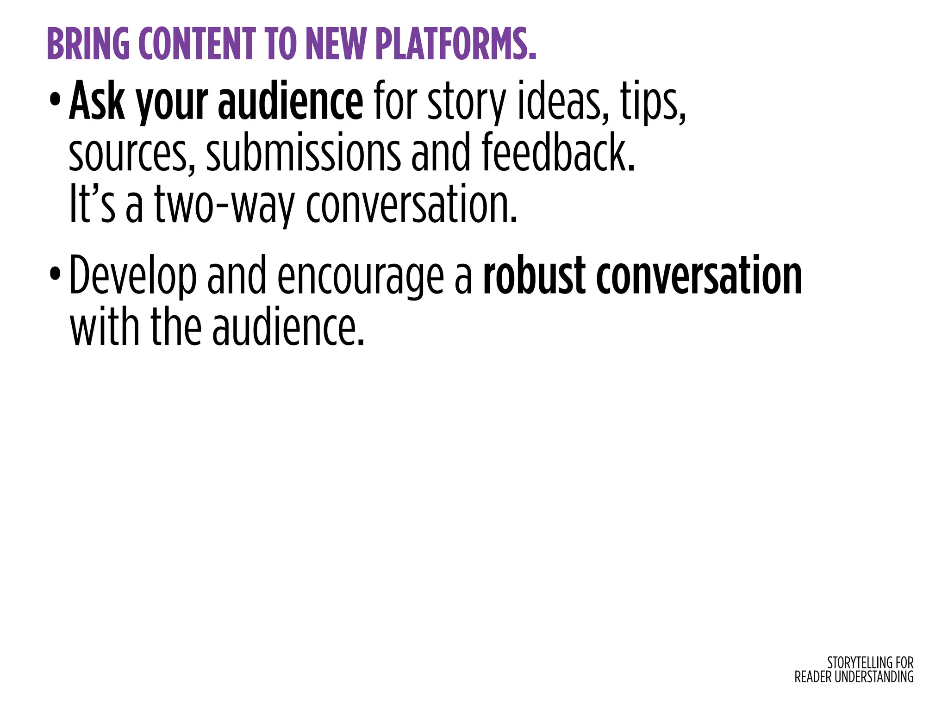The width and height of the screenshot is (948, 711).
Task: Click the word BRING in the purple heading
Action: click(88, 44)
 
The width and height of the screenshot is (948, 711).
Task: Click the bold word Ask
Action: click(97, 101)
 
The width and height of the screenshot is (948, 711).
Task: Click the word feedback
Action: click(558, 152)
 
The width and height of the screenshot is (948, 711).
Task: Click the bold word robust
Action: click(535, 275)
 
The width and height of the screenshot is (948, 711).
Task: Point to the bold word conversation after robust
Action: click(699, 276)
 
